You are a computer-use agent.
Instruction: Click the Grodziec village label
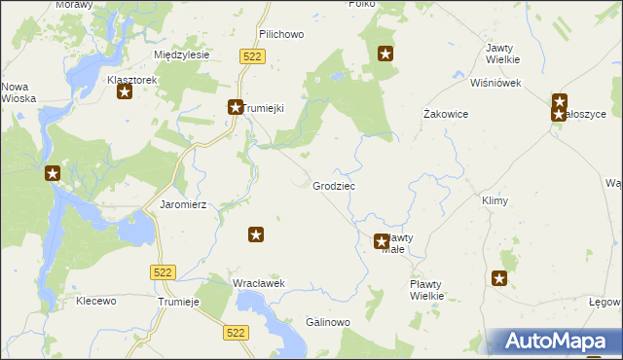(x=333, y=185)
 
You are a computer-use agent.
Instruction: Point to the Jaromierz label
(x=179, y=205)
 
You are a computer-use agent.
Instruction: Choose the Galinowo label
(x=327, y=322)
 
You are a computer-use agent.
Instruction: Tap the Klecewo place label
(x=96, y=302)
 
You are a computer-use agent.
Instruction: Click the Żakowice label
(x=447, y=114)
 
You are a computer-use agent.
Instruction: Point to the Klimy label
(x=495, y=200)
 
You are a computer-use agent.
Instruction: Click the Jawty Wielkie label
(x=501, y=54)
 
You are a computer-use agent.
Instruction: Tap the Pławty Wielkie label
(x=426, y=290)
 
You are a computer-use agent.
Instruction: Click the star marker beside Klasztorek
(x=125, y=92)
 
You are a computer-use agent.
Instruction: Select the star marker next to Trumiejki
(x=235, y=108)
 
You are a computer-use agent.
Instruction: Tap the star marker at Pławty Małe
(x=382, y=241)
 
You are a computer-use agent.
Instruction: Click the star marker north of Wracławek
(x=256, y=234)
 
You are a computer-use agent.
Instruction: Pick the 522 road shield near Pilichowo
(x=252, y=57)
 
